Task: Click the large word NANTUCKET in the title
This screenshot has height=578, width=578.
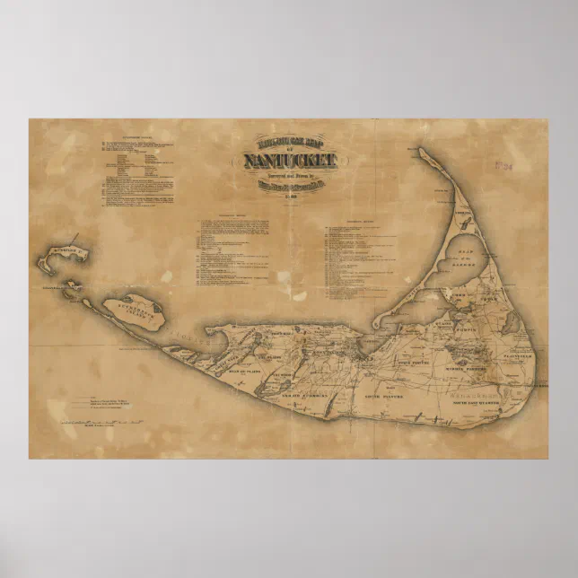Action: point(289,162)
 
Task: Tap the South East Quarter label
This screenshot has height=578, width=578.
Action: point(492,401)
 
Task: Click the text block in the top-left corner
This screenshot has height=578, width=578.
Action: point(135,171)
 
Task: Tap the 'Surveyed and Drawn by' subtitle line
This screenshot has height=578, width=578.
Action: point(289,177)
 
